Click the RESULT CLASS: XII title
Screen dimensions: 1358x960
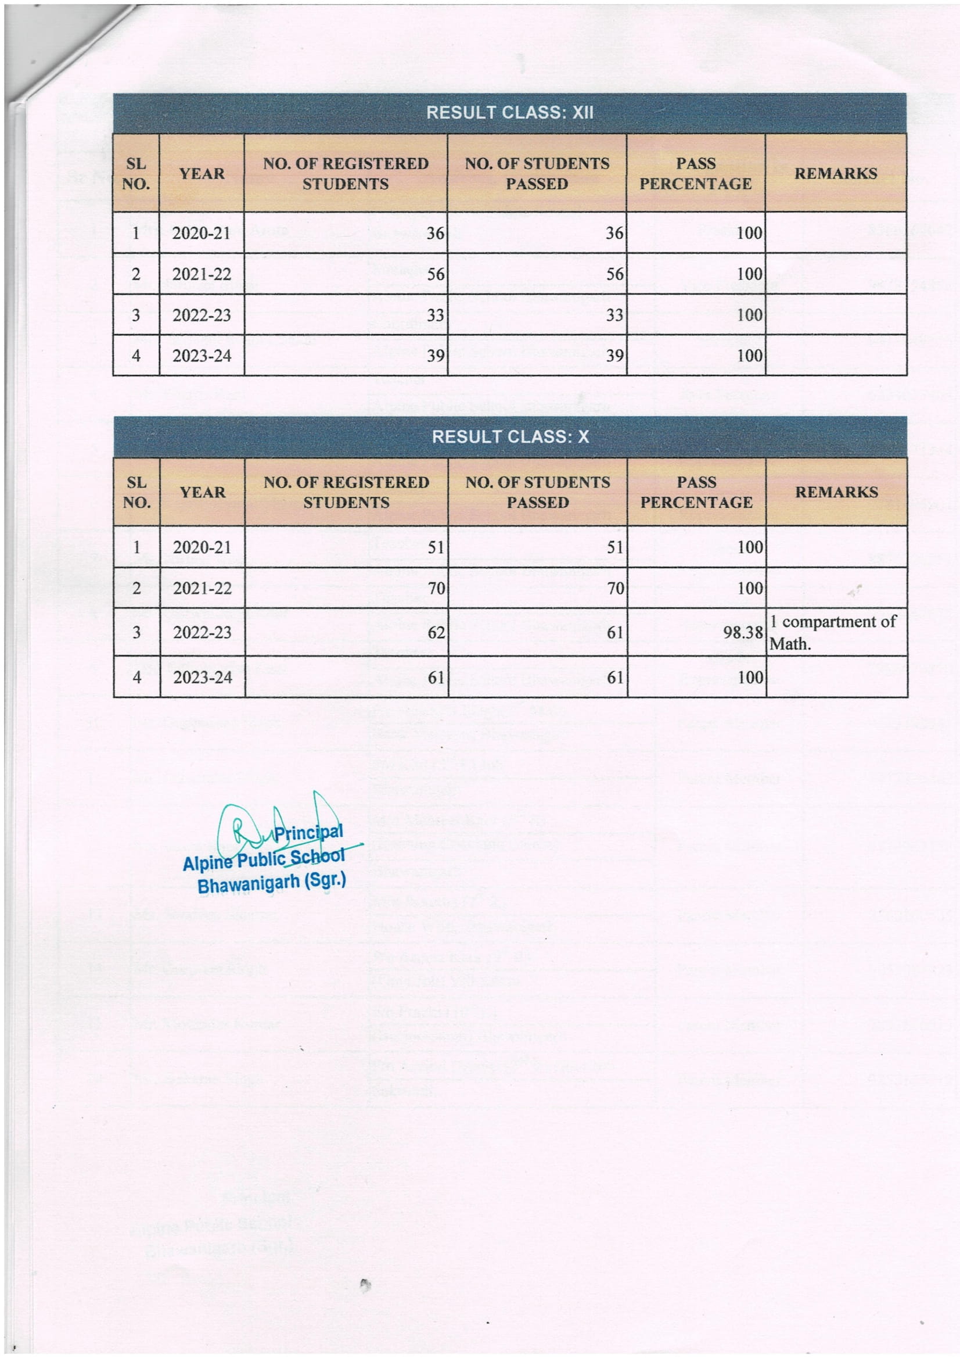pos(509,112)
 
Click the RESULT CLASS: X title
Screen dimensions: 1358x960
pos(510,436)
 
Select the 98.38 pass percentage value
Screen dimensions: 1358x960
pos(742,633)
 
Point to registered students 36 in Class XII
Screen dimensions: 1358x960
pos(435,233)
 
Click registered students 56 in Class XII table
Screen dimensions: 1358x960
pos(435,274)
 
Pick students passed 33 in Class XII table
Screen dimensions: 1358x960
pos(614,315)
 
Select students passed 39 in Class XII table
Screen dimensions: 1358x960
pos(614,356)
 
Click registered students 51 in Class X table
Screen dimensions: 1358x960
pos(436,547)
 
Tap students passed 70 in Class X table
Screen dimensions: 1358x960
pos(615,588)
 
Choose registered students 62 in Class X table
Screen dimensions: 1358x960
pos(436,633)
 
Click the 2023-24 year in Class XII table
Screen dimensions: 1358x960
pos(201,356)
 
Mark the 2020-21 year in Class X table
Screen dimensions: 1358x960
pos(202,547)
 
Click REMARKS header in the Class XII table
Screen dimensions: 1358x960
pos(835,173)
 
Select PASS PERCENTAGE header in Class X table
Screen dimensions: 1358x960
pos(696,492)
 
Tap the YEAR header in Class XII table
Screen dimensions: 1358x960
pos(202,173)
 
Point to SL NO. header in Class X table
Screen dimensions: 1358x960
pos(136,492)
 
